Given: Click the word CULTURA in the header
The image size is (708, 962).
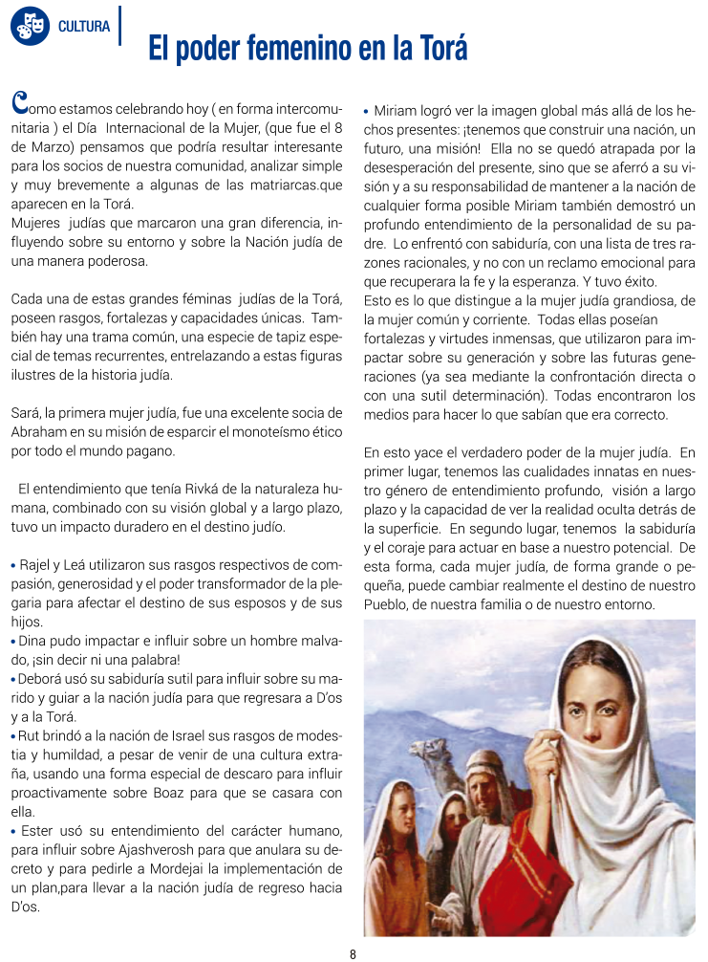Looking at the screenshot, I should [84, 26].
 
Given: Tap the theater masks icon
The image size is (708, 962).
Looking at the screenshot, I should [29, 26].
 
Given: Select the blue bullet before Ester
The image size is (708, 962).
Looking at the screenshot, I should [12, 831].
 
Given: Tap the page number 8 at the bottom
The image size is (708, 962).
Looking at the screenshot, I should [353, 953].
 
